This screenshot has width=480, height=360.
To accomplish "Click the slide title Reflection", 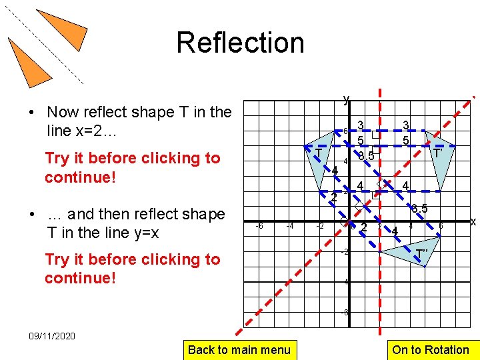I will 240,43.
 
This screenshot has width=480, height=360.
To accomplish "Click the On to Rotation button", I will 430,349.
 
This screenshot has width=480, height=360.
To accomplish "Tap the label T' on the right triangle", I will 437,153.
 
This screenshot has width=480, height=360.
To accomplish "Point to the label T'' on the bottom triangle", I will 421,253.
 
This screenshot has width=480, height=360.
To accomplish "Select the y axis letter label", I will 346,100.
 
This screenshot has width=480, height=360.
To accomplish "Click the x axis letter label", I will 473,221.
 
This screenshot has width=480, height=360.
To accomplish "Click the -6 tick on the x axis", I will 259,227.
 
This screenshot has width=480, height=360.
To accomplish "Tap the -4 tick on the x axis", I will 290,227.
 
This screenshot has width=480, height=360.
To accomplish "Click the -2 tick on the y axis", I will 345,252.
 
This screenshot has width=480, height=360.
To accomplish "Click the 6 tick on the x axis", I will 441,227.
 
